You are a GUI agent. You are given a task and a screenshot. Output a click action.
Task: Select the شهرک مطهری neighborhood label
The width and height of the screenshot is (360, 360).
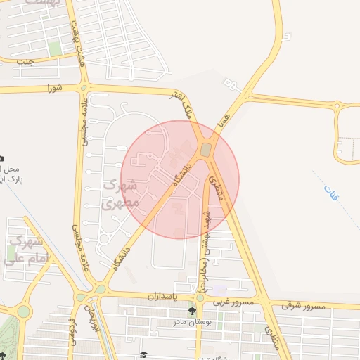pos(119,195)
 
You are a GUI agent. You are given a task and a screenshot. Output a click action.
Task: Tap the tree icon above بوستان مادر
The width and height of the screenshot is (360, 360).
pos(191,310)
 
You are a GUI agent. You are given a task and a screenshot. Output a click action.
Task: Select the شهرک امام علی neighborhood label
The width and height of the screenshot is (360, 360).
pos(25,250)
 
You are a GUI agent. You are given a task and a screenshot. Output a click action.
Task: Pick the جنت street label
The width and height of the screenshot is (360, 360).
pos(26,61)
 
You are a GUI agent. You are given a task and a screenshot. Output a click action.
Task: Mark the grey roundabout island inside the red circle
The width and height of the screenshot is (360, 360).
pos(205,150)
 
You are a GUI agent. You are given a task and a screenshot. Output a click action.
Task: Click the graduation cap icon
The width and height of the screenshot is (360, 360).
pos(143,354)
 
